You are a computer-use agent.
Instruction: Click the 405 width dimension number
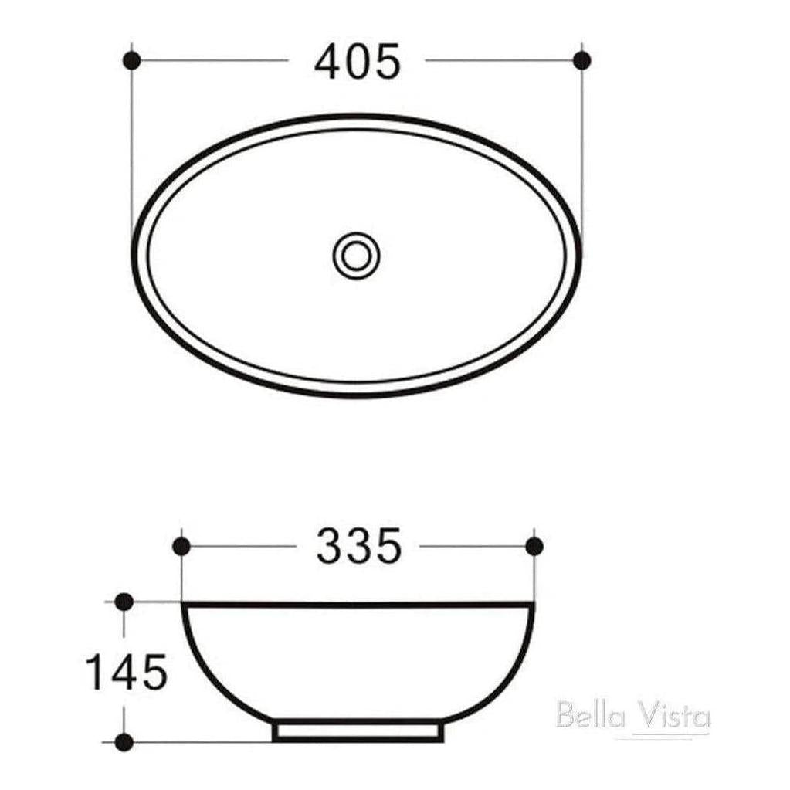(x=358, y=61)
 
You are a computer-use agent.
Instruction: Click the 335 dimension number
(x=358, y=546)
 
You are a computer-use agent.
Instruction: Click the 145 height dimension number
(x=127, y=671)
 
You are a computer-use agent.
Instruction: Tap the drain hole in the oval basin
(x=356, y=254)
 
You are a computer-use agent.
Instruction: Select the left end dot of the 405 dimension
(x=131, y=59)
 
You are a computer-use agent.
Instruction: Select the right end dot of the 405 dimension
(x=582, y=59)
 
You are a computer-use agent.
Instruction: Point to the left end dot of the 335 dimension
(x=181, y=546)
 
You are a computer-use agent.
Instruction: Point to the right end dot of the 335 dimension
(x=534, y=546)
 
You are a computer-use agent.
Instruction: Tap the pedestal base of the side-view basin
(x=358, y=731)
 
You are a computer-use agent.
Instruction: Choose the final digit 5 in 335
(x=388, y=546)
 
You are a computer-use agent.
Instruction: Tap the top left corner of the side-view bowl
(x=183, y=604)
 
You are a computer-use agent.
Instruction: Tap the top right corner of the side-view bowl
(x=533, y=604)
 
